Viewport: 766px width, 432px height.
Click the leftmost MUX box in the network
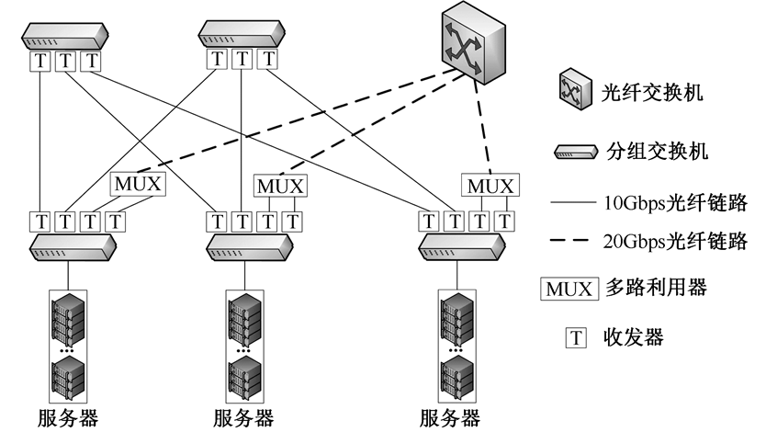(x=138, y=184)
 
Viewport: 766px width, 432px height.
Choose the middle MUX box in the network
(x=280, y=185)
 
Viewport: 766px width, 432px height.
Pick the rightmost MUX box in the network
(x=490, y=186)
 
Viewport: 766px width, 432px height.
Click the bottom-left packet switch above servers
(x=73, y=246)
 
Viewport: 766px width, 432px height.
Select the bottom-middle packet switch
(x=253, y=246)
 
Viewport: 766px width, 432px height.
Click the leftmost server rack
(x=68, y=345)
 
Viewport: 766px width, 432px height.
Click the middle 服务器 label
(x=242, y=419)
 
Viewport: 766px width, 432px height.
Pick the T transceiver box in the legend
(x=576, y=337)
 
